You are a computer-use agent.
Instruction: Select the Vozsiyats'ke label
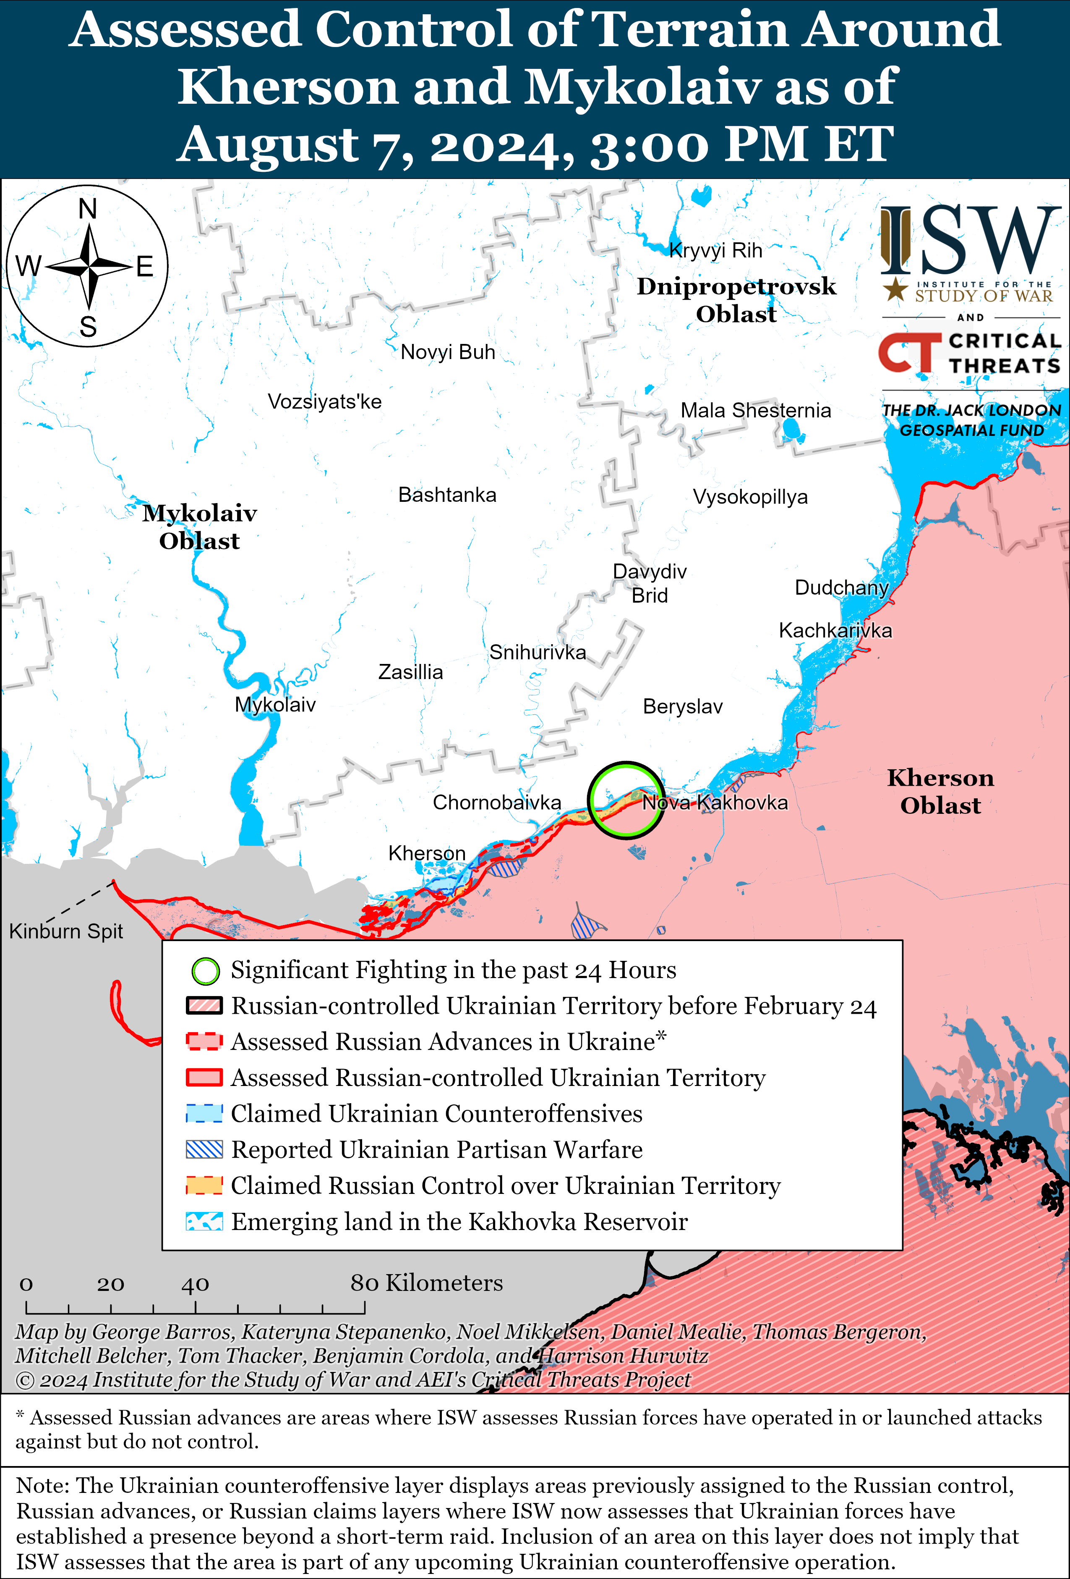tap(324, 401)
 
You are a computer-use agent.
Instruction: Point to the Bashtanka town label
tap(447, 495)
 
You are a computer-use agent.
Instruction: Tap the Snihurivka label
tap(537, 652)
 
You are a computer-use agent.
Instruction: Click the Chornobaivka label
tap(496, 803)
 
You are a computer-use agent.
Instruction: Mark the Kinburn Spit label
tap(66, 931)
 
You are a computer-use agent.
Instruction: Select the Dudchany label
tap(841, 587)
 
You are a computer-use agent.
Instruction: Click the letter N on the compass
tap(88, 209)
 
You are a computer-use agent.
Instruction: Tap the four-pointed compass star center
tap(89, 266)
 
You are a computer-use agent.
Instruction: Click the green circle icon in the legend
tap(205, 971)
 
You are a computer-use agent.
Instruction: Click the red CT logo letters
tap(909, 353)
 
